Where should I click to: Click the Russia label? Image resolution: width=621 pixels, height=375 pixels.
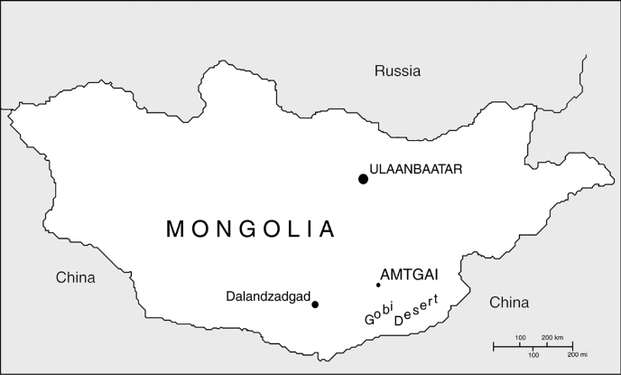[398, 70]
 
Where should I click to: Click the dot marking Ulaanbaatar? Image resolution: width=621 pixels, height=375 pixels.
[363, 179]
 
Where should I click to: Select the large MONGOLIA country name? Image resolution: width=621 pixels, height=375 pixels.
[250, 230]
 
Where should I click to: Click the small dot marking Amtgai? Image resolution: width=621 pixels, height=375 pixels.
[378, 286]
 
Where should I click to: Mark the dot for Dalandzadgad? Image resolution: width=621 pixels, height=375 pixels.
[315, 305]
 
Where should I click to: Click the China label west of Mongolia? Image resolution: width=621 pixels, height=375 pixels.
[75, 277]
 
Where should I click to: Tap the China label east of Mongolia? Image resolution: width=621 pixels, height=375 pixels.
[509, 303]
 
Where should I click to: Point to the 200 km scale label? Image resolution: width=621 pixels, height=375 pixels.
[553, 338]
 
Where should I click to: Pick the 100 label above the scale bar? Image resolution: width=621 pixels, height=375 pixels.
[521, 338]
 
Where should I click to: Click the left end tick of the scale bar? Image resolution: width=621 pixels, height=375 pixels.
[493, 346]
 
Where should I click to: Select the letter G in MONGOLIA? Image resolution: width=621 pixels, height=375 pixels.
[247, 230]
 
